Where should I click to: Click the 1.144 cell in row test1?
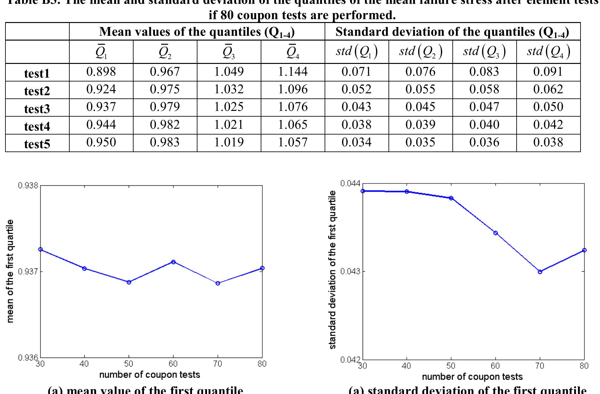[x=293, y=72]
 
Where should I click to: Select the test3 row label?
[x=37, y=109]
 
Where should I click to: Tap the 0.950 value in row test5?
[x=101, y=142]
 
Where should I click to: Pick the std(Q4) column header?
[x=548, y=52]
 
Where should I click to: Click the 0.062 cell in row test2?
[x=548, y=89]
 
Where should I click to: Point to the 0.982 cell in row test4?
[x=165, y=124]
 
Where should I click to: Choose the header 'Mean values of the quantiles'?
[x=197, y=32]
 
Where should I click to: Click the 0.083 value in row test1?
[x=484, y=72]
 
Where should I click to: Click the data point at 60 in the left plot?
[x=173, y=262]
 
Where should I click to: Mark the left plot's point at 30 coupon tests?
[x=40, y=249]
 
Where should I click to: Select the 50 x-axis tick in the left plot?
[x=129, y=364]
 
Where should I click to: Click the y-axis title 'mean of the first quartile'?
[x=10, y=271]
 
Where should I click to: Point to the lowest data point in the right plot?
[x=540, y=272]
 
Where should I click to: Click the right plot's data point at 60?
[x=496, y=233]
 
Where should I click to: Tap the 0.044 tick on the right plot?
[x=350, y=183]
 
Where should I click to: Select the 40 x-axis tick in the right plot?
[x=406, y=366]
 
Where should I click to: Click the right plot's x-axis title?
[x=472, y=377]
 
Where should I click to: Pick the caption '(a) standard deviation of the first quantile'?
[x=467, y=390]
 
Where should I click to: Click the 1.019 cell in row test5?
[x=229, y=142]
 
